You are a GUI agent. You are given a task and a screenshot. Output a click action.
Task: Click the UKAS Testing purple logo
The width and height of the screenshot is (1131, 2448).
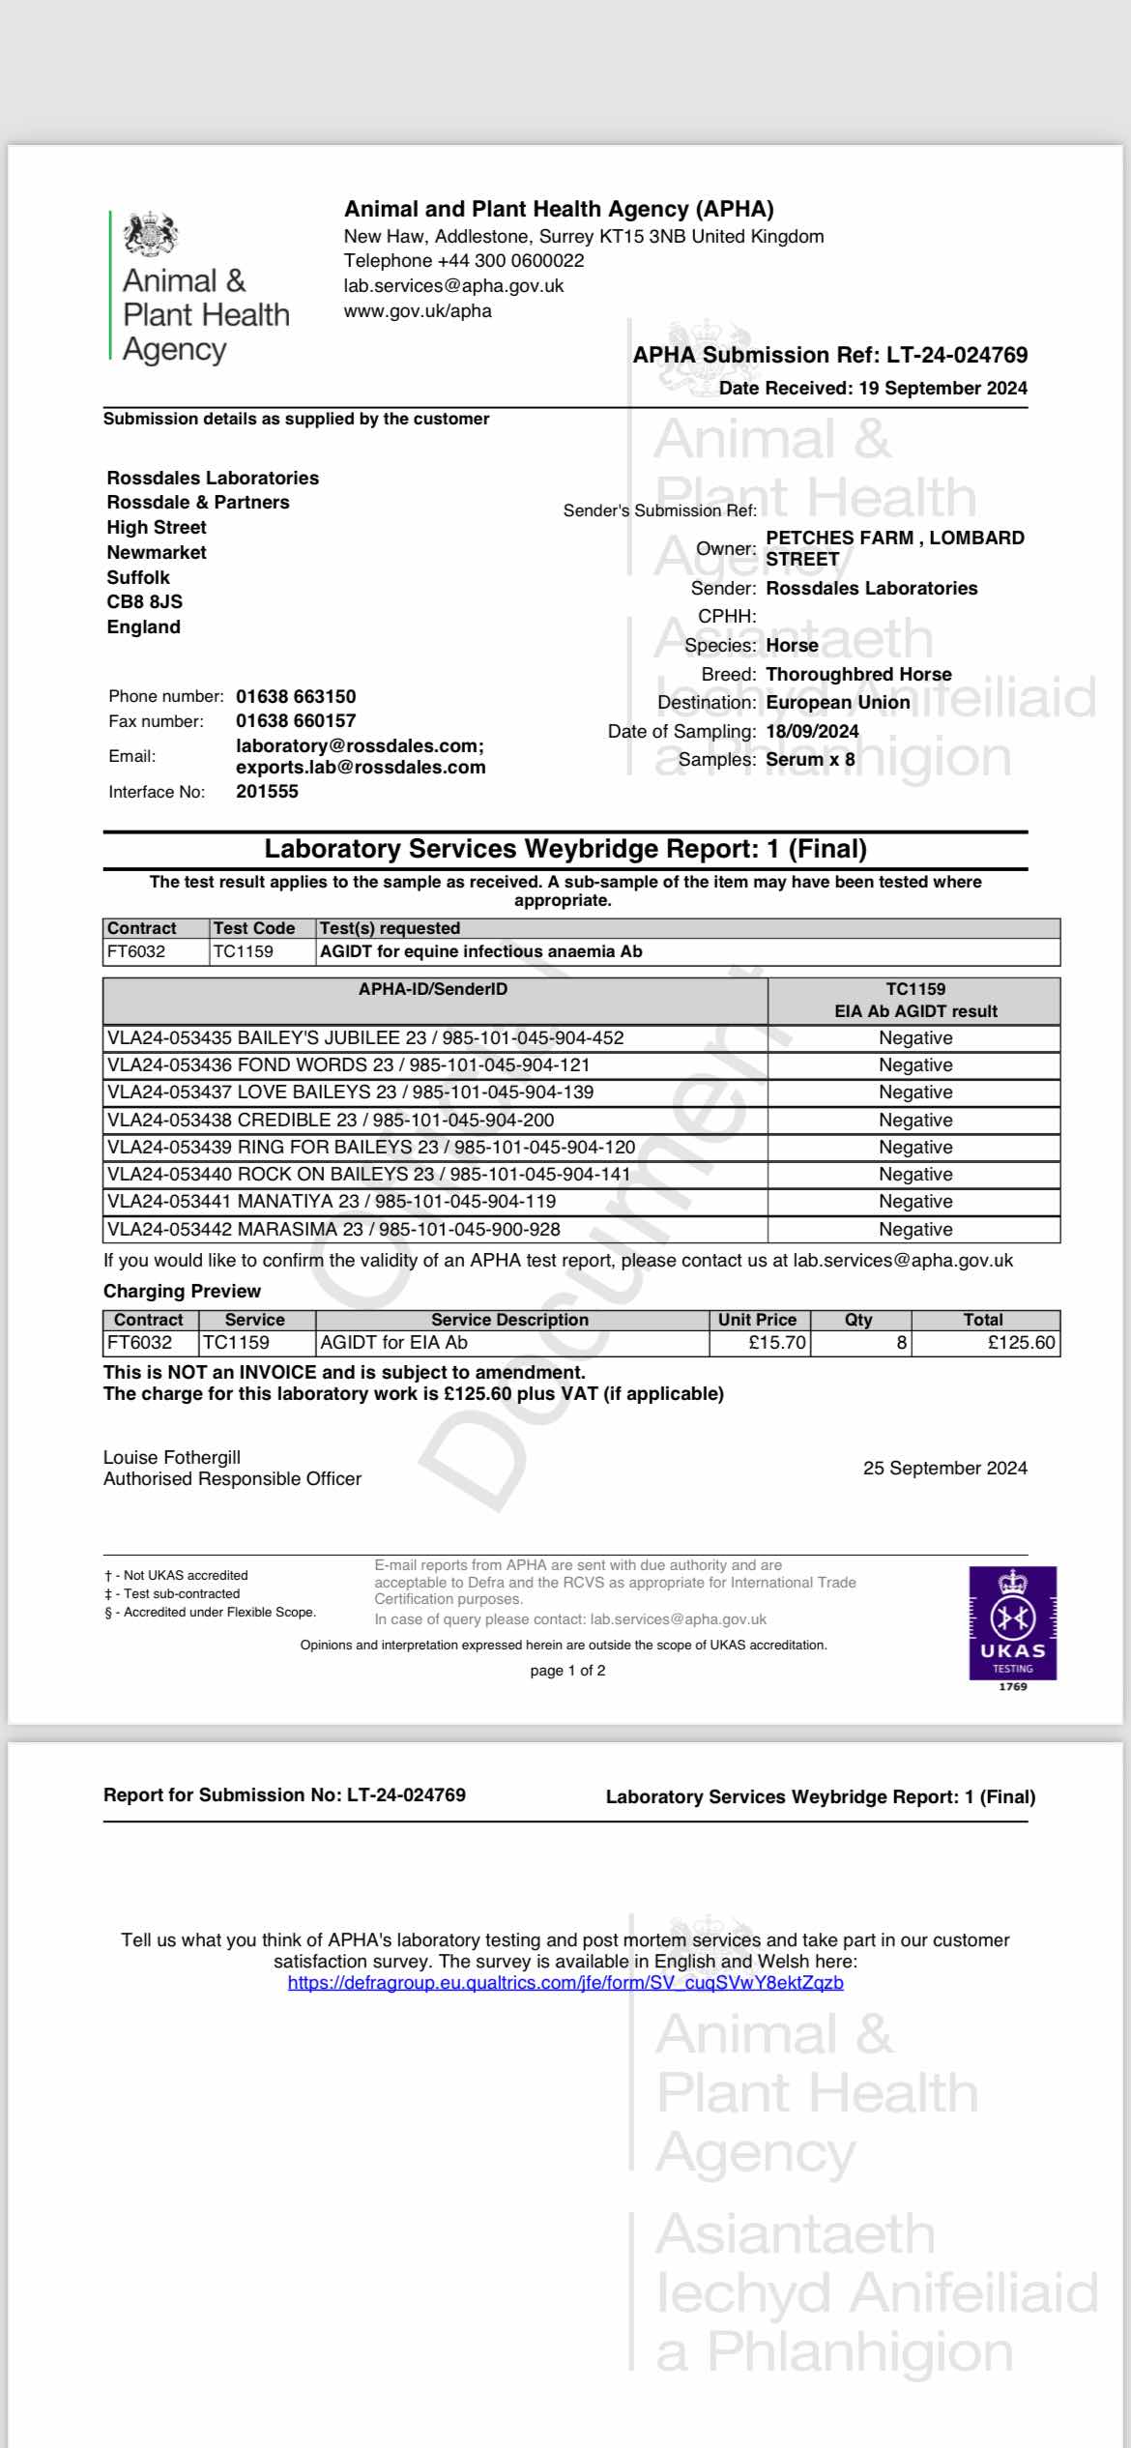1012,1623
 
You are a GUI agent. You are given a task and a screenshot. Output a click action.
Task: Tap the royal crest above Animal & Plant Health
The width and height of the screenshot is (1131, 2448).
151,234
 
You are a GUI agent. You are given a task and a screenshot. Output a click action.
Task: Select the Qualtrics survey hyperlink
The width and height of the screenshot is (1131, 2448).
565,1983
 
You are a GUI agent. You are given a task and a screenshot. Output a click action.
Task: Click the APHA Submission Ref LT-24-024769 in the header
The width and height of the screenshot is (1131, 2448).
829,355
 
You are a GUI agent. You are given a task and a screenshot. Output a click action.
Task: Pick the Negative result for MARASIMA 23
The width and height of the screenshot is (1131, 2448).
914,1229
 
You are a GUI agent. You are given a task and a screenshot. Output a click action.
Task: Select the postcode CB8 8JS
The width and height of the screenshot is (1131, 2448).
144,601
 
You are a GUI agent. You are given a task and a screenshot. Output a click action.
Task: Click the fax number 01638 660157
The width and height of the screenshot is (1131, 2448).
296,720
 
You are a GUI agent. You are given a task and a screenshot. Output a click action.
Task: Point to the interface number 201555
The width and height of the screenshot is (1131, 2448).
267,791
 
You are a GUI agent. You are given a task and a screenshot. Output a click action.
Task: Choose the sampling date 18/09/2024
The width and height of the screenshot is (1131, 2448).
812,731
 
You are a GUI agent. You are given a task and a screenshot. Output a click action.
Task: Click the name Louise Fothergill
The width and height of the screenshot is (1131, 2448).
172,1457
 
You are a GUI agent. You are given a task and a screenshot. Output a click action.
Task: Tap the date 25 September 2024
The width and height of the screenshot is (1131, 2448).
944,1468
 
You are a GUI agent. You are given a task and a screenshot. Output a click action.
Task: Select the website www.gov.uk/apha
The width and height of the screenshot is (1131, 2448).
418,310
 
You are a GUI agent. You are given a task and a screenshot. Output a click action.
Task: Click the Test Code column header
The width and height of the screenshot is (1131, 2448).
253,928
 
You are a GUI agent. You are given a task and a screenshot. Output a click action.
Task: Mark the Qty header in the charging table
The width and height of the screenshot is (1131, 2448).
858,1320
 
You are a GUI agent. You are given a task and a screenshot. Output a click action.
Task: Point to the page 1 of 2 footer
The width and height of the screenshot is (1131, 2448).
567,1670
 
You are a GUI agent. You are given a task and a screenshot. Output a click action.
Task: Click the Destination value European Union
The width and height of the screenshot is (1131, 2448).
837,702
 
